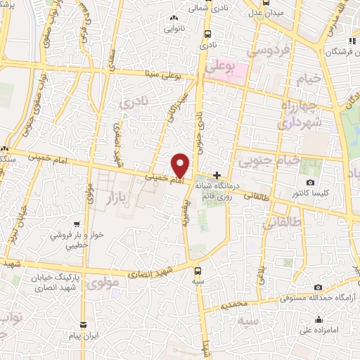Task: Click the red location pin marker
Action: click(x=180, y=165)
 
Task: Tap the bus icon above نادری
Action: click(x=207, y=33)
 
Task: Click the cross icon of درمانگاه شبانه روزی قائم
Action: click(x=217, y=175)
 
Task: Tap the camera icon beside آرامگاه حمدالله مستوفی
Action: click(x=319, y=288)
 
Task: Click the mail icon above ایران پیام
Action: click(x=83, y=324)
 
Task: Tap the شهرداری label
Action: click(x=299, y=123)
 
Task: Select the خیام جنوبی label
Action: click(x=269, y=161)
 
